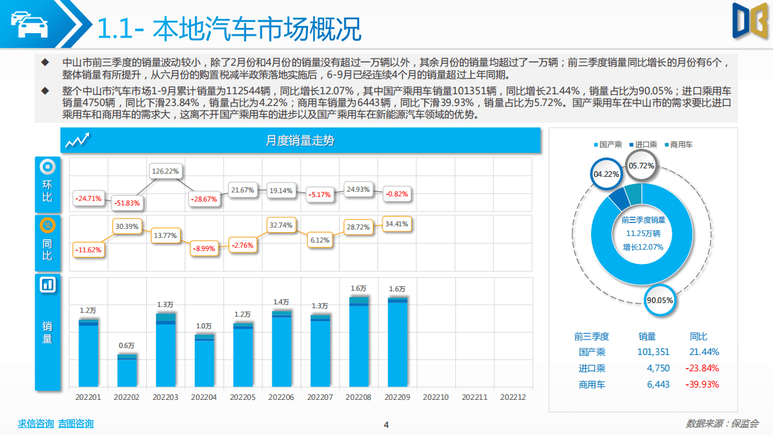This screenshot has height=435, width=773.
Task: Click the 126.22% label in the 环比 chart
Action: (x=165, y=172)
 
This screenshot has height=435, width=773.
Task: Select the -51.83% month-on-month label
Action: (x=127, y=203)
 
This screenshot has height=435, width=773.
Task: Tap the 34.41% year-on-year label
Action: (x=397, y=224)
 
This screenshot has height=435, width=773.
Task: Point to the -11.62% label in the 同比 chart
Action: (x=88, y=249)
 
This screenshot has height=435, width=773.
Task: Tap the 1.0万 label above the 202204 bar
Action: (x=204, y=326)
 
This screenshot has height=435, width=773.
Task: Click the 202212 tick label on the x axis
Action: (x=513, y=397)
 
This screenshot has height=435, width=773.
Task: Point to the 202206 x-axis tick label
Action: (x=281, y=397)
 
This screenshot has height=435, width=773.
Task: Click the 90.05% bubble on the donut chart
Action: (x=660, y=300)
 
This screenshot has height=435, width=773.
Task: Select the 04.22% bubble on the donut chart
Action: (x=607, y=174)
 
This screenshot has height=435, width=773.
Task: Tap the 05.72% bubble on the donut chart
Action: (x=641, y=166)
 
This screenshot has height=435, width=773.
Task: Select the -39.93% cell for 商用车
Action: (x=701, y=384)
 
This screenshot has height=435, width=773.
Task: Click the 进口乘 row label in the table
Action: (x=592, y=368)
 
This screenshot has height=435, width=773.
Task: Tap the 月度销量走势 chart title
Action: (x=300, y=140)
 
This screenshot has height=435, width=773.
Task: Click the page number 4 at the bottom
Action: (x=386, y=425)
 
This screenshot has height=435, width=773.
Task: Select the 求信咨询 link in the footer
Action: (x=36, y=423)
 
